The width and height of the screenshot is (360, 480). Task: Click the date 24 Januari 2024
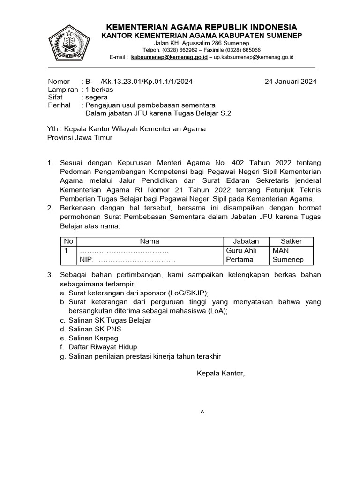(x=291, y=81)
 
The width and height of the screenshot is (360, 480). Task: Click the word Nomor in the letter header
(x=59, y=81)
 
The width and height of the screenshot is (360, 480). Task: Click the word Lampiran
(x=63, y=89)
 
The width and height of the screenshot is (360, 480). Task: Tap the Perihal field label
(x=59, y=105)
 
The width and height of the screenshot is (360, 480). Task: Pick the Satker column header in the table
(x=291, y=241)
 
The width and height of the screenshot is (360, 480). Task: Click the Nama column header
(x=150, y=241)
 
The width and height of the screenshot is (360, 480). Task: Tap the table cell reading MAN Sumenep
(x=288, y=255)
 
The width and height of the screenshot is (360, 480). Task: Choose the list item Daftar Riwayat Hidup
(x=103, y=347)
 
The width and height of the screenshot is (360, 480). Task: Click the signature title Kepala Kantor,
(x=220, y=374)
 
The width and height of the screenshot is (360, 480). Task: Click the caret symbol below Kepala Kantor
(x=202, y=411)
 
